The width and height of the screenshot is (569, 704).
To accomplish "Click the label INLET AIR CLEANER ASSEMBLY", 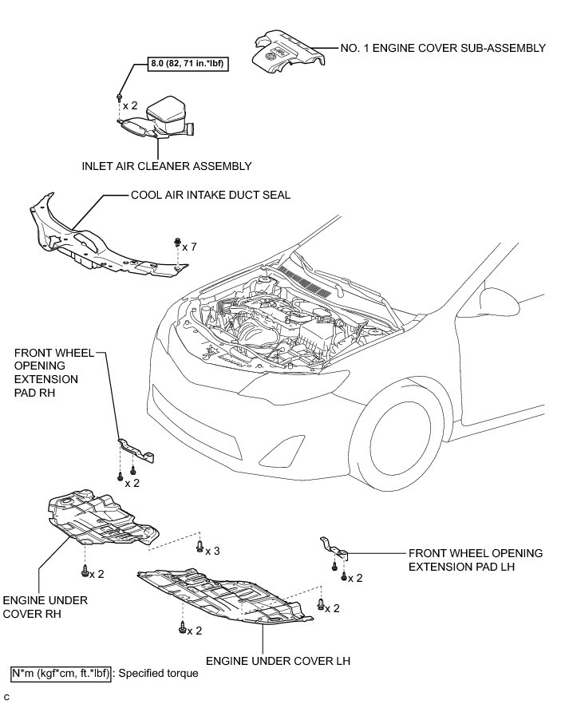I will [x=166, y=166].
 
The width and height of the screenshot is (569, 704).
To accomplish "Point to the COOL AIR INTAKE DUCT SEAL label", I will [x=211, y=194].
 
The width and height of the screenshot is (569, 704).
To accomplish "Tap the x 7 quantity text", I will [x=189, y=247].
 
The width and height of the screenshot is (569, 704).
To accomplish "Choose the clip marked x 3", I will [x=197, y=545].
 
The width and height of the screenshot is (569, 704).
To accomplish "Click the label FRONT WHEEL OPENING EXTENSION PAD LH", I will [x=475, y=560].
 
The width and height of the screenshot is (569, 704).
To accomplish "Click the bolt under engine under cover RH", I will [x=84, y=570].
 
